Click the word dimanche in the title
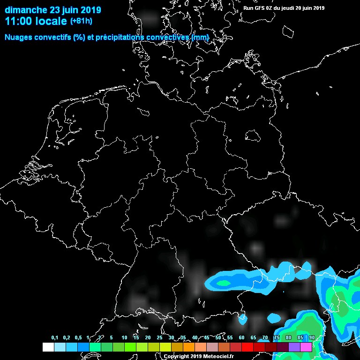[x=26, y=10]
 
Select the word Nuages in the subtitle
[x=19, y=37]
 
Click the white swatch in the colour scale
[x=48, y=347]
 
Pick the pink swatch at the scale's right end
[x=306, y=347]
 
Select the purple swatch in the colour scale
[x=294, y=347]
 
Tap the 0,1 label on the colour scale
[x=55, y=338]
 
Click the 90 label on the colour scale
[x=312, y=338]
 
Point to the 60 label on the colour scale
[x=241, y=338]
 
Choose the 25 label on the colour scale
[x=159, y=338]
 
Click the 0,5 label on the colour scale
[x=78, y=338]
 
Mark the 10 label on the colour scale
[x=124, y=338]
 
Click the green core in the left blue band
[x=224, y=283]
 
